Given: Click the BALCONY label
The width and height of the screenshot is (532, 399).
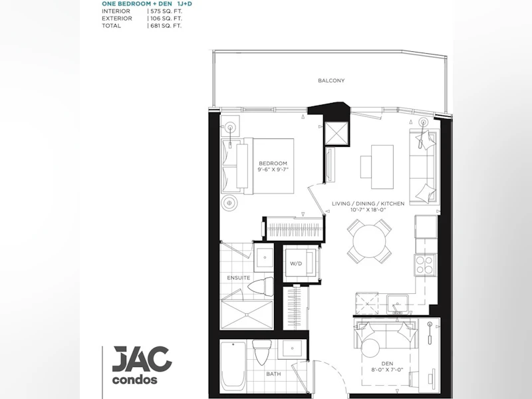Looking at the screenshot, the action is pyautogui.click(x=331, y=80).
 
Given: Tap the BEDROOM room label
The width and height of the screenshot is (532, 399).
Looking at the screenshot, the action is pyautogui.click(x=273, y=163).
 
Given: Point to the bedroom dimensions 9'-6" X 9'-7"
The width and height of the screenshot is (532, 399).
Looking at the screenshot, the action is pyautogui.click(x=273, y=170).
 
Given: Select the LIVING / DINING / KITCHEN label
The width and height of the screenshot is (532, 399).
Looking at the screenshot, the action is pyautogui.click(x=368, y=203).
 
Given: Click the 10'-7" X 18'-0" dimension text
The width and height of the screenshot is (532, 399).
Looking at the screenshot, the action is pyautogui.click(x=368, y=209).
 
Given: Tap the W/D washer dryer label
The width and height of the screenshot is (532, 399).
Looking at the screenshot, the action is pyautogui.click(x=296, y=263).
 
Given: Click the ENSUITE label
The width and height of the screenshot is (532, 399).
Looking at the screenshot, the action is pyautogui.click(x=239, y=277).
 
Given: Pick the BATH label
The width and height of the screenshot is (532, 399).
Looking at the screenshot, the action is pyautogui.click(x=273, y=374).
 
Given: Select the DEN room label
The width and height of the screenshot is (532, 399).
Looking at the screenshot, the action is pyautogui.click(x=387, y=364).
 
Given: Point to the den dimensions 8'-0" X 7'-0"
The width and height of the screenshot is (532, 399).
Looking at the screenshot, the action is pyautogui.click(x=387, y=370).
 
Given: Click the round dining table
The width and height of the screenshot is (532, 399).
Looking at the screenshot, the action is pyautogui.click(x=369, y=241).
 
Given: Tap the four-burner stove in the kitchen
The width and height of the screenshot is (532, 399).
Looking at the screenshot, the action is pyautogui.click(x=425, y=265).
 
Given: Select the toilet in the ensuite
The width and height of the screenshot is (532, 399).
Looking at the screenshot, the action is pyautogui.click(x=261, y=287).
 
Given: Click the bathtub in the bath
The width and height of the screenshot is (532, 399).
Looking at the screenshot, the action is pyautogui.click(x=233, y=366).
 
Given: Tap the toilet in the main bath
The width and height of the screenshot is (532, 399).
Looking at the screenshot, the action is pyautogui.click(x=261, y=352).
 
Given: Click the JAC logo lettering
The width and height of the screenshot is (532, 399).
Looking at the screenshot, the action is pyautogui.click(x=142, y=359).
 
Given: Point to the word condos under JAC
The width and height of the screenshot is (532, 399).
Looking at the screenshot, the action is pyautogui.click(x=135, y=380).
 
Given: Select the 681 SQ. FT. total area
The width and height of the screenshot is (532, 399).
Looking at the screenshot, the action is pyautogui.click(x=166, y=26).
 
